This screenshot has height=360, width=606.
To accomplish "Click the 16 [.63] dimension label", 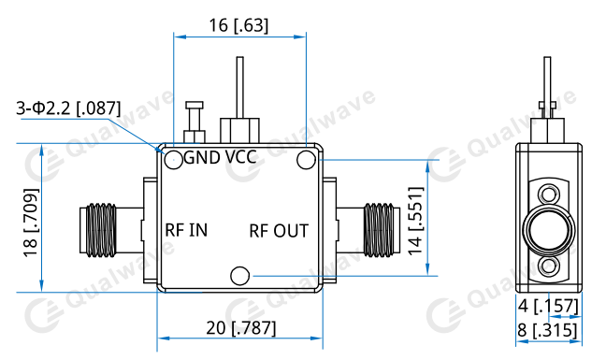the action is [238, 25].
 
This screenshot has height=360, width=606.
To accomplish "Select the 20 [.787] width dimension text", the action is [241, 328].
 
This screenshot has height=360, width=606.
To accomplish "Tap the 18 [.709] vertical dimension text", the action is [31, 223].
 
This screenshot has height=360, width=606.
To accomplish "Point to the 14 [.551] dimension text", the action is [416, 221].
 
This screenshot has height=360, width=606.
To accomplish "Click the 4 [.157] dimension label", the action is [548, 306].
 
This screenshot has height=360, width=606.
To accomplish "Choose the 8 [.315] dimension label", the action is [547, 331].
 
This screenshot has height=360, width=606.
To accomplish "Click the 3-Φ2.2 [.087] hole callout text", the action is [68, 108].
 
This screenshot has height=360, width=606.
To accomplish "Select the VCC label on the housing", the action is [240, 157].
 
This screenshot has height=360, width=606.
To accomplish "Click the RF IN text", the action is [186, 230].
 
